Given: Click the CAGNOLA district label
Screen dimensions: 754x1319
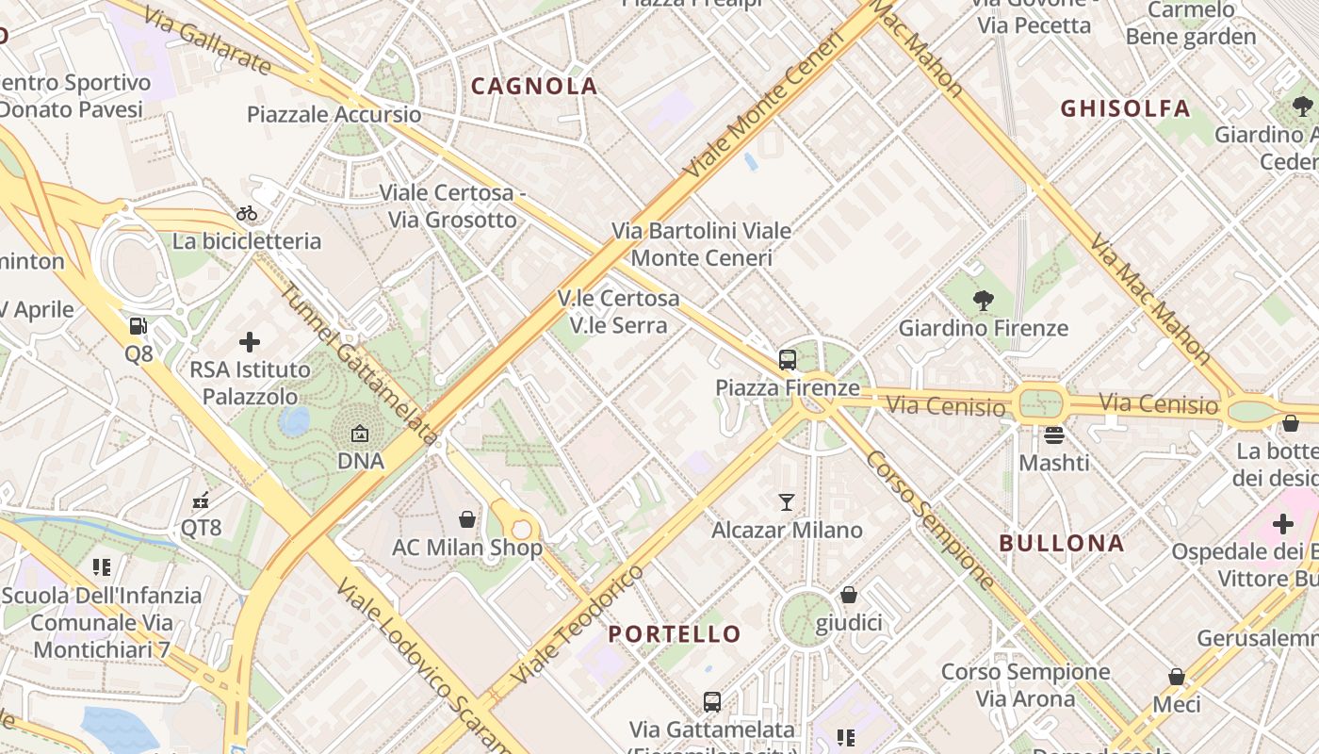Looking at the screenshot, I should [x=534, y=87].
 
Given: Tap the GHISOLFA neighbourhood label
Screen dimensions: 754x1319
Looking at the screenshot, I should [x=1125, y=108].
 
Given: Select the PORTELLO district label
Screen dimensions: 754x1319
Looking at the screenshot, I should [x=675, y=633].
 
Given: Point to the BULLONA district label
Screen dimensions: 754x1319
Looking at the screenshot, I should [x=1062, y=544].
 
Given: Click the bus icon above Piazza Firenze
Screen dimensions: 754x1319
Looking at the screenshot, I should [x=788, y=359].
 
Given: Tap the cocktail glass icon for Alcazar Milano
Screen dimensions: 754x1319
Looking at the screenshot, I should [x=787, y=501].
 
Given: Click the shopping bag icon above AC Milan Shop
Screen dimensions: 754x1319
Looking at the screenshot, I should [x=466, y=519].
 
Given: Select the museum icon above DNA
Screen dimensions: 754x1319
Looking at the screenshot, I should [x=360, y=434].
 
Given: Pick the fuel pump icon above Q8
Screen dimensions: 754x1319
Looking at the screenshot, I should [x=138, y=326].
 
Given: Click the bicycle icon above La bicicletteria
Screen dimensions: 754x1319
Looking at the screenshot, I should [x=247, y=213].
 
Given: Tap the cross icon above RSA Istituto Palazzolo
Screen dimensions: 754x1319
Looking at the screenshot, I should [x=250, y=341].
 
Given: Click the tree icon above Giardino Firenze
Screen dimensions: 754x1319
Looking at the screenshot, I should [x=983, y=301].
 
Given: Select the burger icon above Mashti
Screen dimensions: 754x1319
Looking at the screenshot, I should [x=1053, y=434].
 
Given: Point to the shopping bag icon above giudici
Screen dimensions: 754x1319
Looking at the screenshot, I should [x=849, y=595].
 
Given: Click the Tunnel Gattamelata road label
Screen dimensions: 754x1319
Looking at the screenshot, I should [x=359, y=364].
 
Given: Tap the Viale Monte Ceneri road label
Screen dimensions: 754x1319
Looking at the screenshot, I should [x=763, y=106].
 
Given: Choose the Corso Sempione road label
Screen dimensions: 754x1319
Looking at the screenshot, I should [x=929, y=519].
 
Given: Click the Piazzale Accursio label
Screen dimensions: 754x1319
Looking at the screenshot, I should [x=334, y=115].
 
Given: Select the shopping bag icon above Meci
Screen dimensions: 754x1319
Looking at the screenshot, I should [x=1176, y=677].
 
